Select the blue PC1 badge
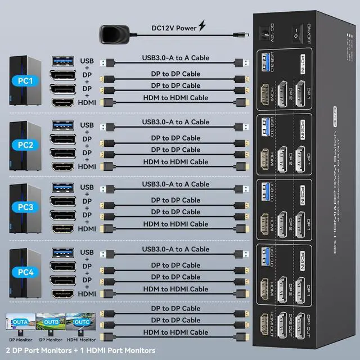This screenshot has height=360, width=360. (25, 80)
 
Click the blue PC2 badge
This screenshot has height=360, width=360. (25, 145)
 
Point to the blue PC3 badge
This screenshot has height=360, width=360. (25, 207)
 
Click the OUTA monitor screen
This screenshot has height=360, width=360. (20, 323)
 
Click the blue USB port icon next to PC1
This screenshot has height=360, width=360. (62, 61)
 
